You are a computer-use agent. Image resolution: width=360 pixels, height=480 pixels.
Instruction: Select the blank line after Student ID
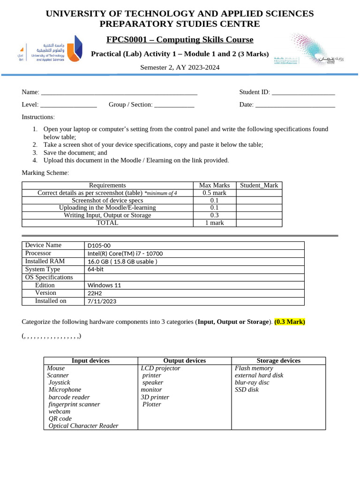tap(303, 93)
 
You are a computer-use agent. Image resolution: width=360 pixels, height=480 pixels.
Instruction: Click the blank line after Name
tap(119, 93)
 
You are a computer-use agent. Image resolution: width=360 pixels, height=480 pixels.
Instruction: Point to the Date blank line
tap(295, 105)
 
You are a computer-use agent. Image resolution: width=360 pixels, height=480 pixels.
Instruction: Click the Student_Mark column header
tap(259, 185)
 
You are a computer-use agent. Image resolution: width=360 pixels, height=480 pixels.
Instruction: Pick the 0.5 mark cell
tap(215, 193)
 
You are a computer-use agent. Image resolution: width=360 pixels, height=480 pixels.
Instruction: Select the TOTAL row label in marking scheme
tap(107, 223)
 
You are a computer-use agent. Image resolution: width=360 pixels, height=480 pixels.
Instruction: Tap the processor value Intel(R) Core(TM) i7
tap(125, 254)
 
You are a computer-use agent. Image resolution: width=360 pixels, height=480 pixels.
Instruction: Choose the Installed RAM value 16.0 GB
tap(122, 262)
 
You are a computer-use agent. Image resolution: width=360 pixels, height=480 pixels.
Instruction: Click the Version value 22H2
tap(95, 293)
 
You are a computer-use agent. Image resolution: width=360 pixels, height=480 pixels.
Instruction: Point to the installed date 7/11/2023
tap(102, 301)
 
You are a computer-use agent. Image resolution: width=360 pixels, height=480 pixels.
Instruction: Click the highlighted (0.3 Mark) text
tap(290, 322)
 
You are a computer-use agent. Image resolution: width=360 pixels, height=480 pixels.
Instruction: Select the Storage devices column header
tap(278, 360)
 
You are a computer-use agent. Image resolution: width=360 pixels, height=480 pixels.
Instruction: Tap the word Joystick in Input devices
tap(59, 382)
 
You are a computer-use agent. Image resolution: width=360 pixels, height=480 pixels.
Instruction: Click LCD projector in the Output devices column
tap(160, 368)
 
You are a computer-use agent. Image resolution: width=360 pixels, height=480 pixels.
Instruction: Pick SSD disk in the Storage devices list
tap(247, 390)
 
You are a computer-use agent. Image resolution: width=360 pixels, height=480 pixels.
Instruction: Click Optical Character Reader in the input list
tap(83, 426)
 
